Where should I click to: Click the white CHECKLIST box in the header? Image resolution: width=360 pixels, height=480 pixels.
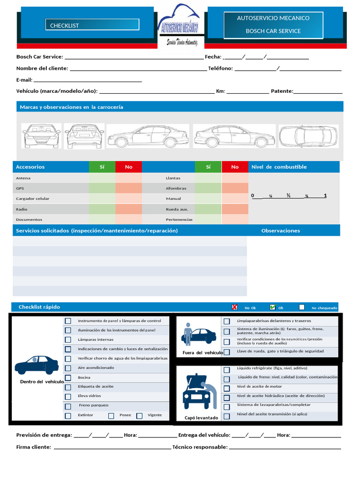pos(92,25)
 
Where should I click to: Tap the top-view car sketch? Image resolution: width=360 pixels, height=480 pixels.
pos(308,136)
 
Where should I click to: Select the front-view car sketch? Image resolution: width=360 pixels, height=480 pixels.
pos(42,136)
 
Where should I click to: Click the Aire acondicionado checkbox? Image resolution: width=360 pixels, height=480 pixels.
pos(68,368)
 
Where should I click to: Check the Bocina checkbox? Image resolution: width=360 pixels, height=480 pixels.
pos(68,378)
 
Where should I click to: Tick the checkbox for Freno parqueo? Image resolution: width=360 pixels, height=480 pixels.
pos(68,406)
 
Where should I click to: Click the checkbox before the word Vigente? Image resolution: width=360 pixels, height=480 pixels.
pos(140,416)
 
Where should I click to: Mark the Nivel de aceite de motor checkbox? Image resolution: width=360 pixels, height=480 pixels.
pos(227,388)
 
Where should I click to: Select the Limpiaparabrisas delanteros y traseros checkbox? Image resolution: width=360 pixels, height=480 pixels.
pos(227,322)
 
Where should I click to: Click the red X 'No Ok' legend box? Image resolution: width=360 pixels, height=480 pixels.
pos(235,307)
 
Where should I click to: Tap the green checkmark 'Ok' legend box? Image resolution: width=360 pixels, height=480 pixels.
pos(272,307)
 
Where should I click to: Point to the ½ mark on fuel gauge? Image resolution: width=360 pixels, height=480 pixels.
pos(289,195)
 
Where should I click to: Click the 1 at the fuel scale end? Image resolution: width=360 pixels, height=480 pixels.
pos(325,195)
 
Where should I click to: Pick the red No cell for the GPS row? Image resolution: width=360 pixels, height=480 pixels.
pos(128,188)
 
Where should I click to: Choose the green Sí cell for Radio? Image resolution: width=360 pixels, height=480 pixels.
pos(102,209)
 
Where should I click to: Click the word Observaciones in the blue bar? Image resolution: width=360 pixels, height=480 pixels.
pos(280,231)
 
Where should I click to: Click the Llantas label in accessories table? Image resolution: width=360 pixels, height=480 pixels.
pos(173,178)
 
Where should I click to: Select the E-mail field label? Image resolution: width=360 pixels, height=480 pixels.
pos(24,80)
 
